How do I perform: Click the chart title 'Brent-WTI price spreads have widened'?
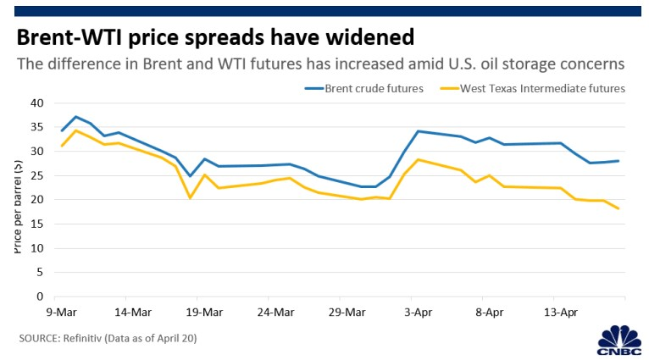click(x=214, y=37)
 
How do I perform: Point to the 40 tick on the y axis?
click(x=36, y=103)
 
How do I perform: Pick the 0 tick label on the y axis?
click(x=40, y=297)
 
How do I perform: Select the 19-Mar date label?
click(x=197, y=312)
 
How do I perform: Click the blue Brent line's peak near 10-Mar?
click(x=75, y=117)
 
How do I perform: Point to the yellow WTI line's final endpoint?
click(x=618, y=208)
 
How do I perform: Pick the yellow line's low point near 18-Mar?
click(x=191, y=198)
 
